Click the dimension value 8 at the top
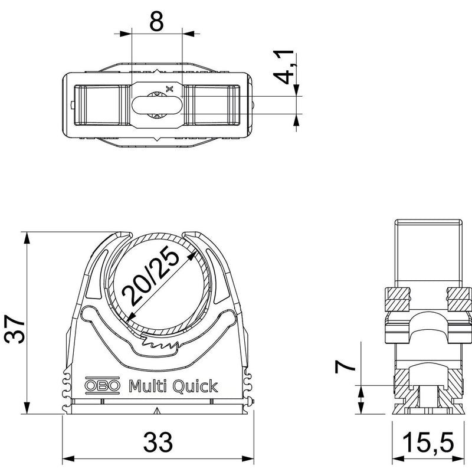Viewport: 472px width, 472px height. [x=156, y=21]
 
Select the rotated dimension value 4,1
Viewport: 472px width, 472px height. [x=284, y=67]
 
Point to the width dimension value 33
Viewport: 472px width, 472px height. [x=158, y=441]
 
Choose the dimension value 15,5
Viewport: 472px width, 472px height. [x=428, y=442]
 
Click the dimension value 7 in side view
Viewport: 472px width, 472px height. [x=345, y=366]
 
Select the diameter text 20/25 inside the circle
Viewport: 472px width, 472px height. [x=150, y=277]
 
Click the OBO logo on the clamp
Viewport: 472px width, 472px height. [x=102, y=386]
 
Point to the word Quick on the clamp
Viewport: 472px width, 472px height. [x=195, y=386]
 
